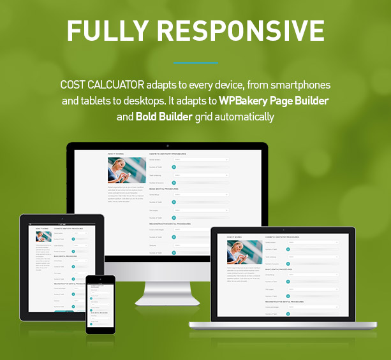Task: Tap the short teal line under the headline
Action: point(195,62)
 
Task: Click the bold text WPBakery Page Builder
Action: point(274,101)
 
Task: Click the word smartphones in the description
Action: point(299,85)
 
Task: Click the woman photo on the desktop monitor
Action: point(126,170)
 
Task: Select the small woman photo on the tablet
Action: point(43,236)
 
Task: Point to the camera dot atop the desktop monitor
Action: point(167,146)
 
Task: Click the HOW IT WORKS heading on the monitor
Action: point(116,154)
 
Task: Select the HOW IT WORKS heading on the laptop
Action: point(234,236)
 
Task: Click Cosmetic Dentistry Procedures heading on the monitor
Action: point(168,154)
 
